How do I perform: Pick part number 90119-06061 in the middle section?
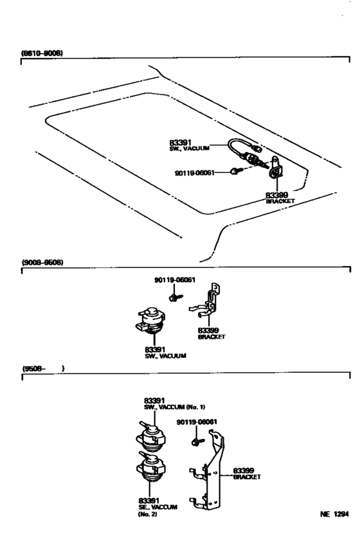[175, 280]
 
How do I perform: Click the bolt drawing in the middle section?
[175, 297]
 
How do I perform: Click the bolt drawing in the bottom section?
[196, 441]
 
